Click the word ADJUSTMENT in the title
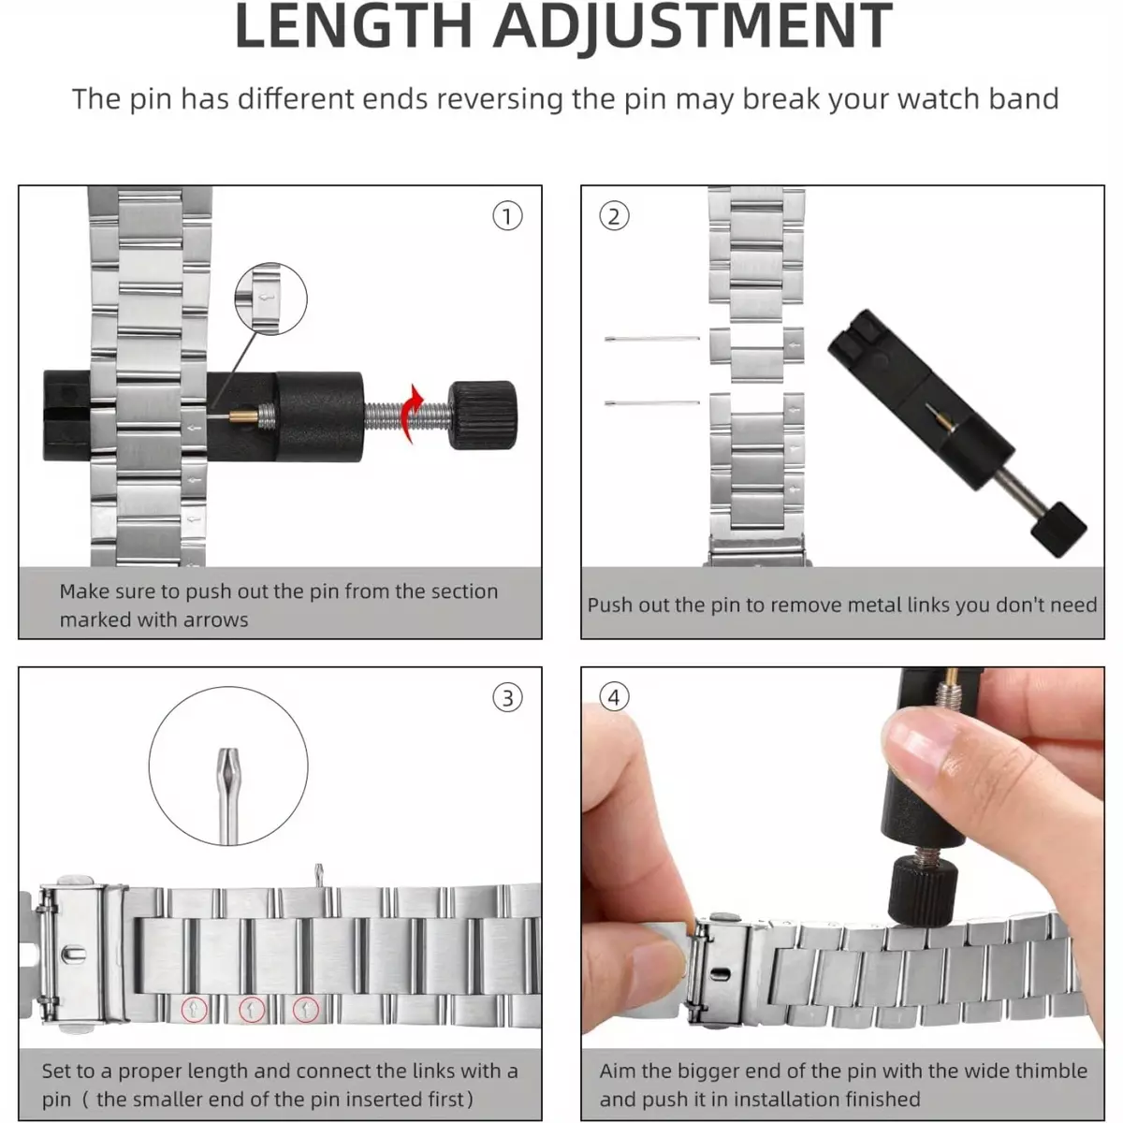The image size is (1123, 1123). [693, 26]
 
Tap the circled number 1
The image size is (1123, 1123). [507, 216]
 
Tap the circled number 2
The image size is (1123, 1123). [614, 216]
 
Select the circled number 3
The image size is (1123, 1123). [507, 697]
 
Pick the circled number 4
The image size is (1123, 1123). [614, 697]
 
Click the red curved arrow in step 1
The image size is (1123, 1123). [412, 414]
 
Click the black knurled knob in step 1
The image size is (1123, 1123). [482, 415]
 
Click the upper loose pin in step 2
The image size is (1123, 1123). [652, 338]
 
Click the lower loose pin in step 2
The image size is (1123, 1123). [652, 402]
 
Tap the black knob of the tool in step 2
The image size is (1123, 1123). [1057, 529]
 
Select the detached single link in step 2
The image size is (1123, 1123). [756, 354]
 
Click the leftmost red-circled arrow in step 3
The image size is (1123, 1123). [194, 1010]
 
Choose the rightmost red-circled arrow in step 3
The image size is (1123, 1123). [305, 1010]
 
